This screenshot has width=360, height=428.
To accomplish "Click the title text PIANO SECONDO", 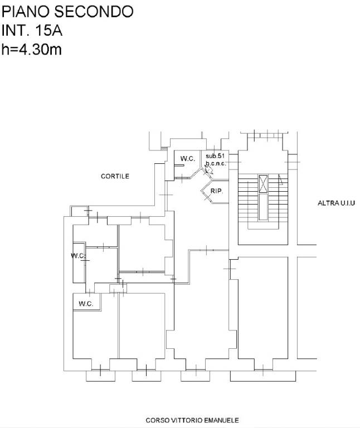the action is click(67, 12).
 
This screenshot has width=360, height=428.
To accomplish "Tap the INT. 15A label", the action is click(32, 30).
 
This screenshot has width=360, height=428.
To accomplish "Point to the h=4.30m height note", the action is click(32, 50).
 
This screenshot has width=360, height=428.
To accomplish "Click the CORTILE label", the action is click(115, 176).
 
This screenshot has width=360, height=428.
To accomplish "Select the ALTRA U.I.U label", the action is click(336, 203).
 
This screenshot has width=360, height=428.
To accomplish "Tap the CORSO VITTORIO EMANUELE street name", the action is click(192, 420).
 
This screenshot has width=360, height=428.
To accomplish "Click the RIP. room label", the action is click(217, 191).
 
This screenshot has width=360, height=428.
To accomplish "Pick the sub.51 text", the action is click(215, 156).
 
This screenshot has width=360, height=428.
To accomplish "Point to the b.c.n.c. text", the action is click(216, 163).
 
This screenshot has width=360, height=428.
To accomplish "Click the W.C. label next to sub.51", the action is click(187, 159).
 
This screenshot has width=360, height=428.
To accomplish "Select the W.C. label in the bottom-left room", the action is click(86, 304).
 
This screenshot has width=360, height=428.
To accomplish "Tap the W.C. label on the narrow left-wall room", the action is click(79, 256).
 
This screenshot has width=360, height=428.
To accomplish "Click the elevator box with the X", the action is click(263, 184).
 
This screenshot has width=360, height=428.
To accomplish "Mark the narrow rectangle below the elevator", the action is click(263, 207).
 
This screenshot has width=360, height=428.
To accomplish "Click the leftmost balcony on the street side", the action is click(100, 376).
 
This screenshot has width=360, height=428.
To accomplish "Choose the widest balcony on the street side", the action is click(263, 376).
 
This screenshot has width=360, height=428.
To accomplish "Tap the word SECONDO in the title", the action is click(94, 12).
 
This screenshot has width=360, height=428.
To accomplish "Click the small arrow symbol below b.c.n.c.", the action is click(209, 170).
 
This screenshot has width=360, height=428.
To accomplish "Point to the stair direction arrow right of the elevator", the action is click(280, 180).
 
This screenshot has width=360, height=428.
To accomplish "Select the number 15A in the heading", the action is click(49, 30).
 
